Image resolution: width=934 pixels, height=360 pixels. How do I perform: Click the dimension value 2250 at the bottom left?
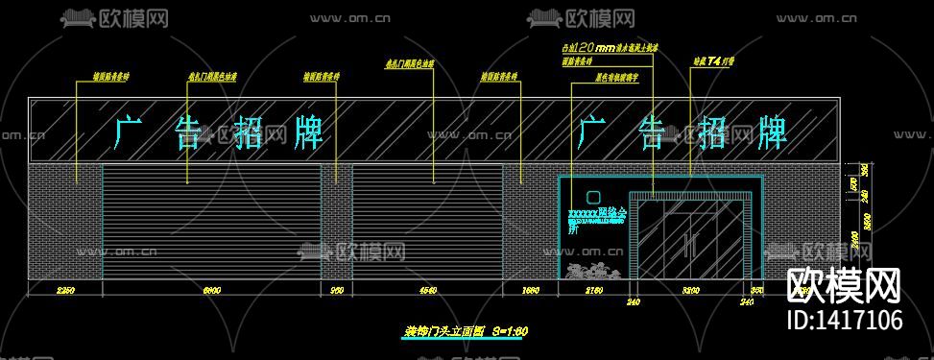pyautogui.click(x=65, y=289)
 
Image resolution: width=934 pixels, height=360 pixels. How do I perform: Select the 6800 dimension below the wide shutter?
pyautogui.click(x=212, y=289)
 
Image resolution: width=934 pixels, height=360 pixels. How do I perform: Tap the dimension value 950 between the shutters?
pyautogui.click(x=337, y=289)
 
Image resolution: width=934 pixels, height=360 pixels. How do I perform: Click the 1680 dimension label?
pyautogui.click(x=531, y=289)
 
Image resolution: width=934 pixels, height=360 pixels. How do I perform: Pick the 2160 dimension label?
pyautogui.click(x=594, y=289)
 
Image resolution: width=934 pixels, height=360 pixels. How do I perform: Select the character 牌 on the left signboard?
pyautogui.click(x=306, y=132)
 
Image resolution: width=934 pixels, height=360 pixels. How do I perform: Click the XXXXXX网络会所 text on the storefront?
pyautogui.click(x=597, y=212)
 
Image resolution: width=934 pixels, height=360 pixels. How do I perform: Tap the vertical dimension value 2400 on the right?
pyautogui.click(x=855, y=241)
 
